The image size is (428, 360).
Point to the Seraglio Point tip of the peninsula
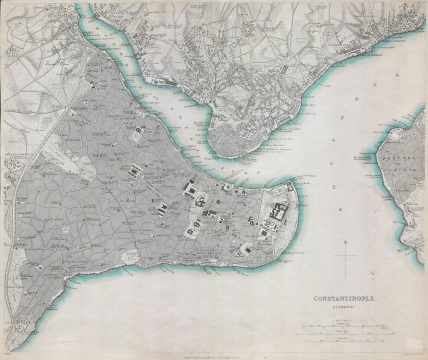coord(297,181)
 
